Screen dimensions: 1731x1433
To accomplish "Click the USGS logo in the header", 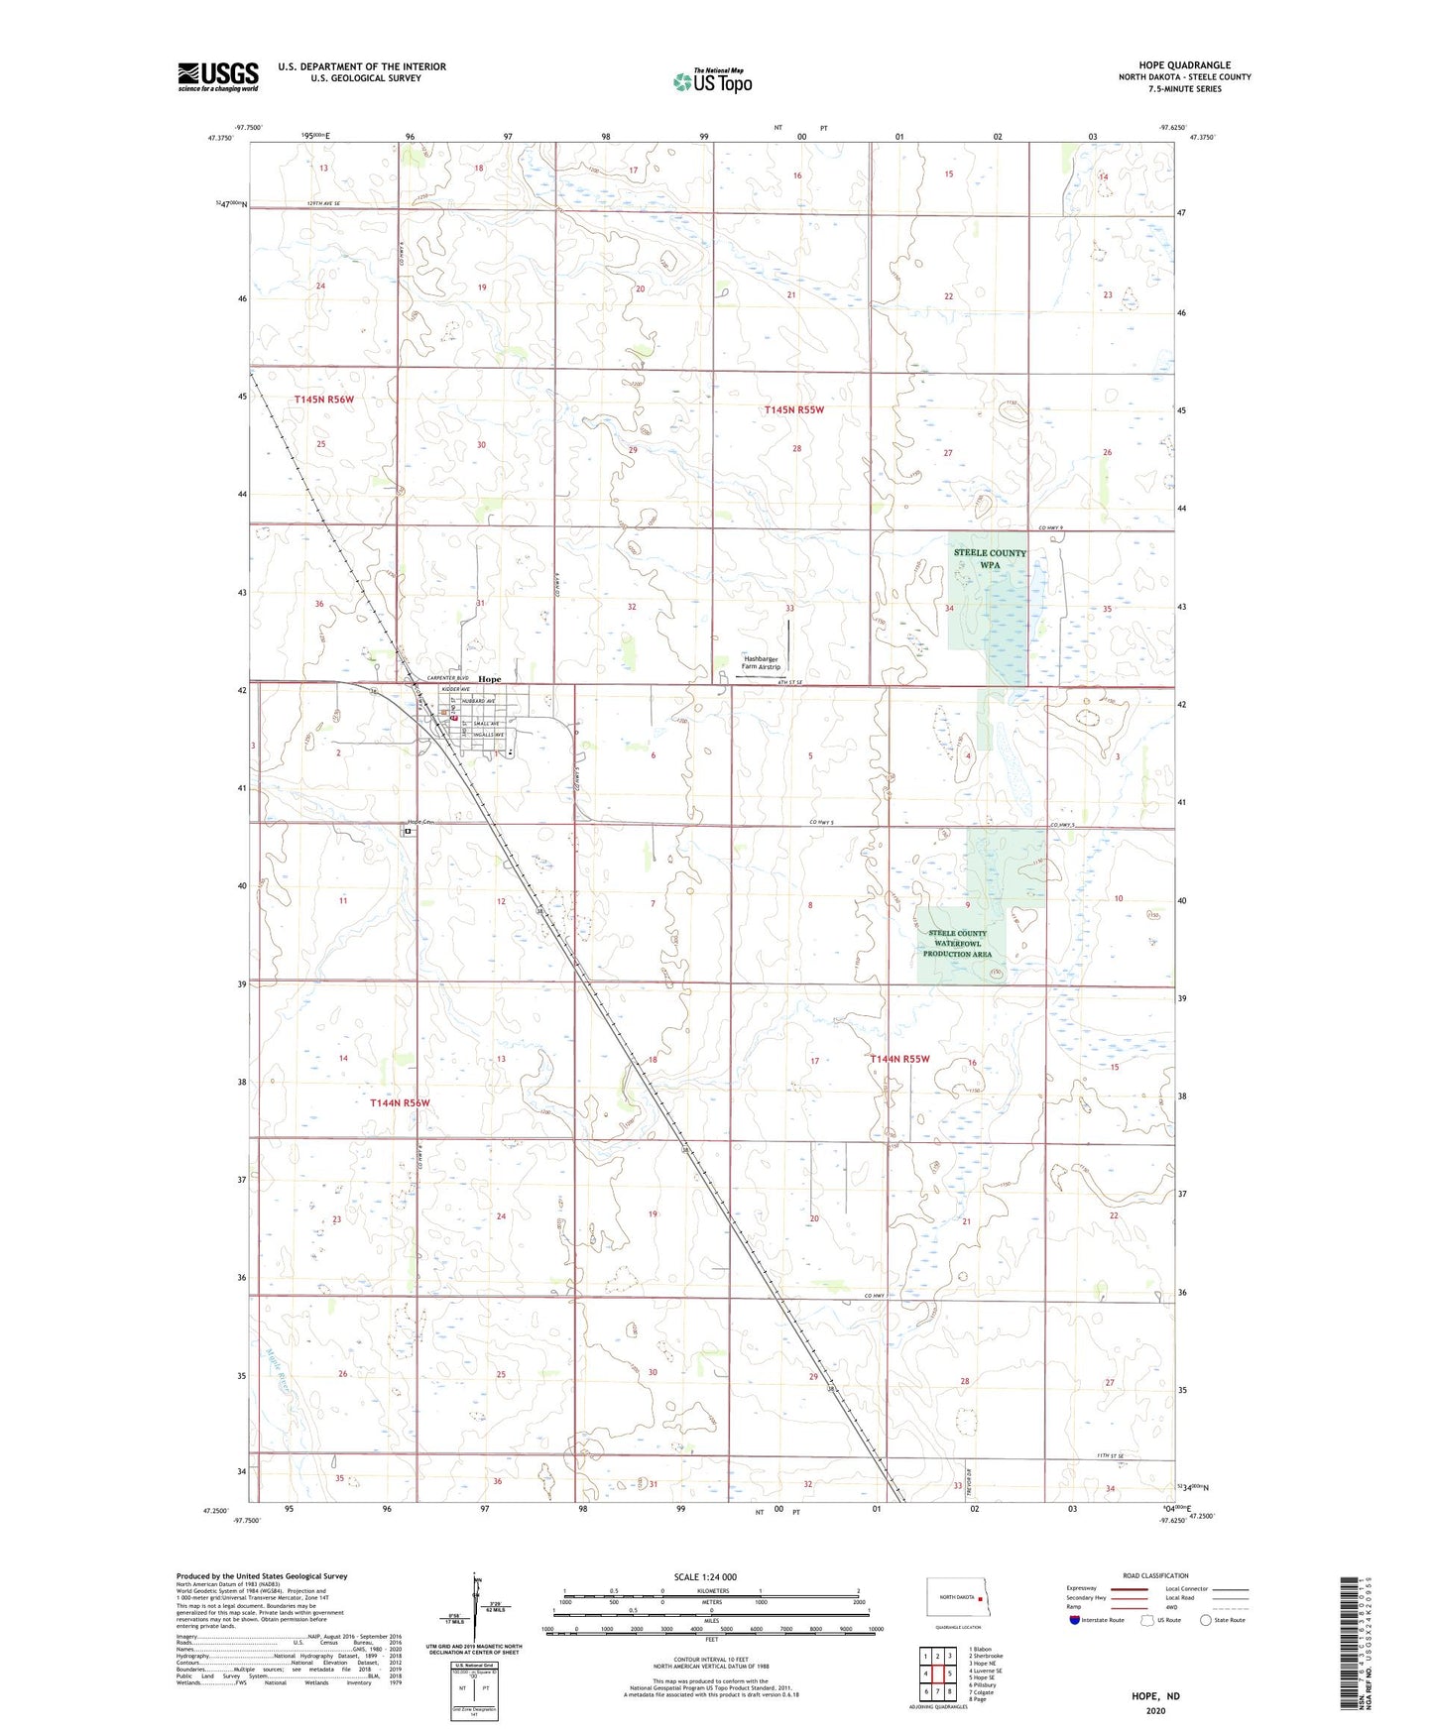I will coord(217,76).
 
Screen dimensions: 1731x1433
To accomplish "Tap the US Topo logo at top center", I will coord(712,81).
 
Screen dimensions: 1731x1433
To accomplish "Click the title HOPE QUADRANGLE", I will coord(1184,65).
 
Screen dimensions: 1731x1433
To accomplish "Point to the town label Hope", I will coord(490,679).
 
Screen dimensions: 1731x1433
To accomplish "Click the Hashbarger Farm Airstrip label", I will coord(763,662).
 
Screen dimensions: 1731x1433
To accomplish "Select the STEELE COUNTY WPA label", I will coord(989,559).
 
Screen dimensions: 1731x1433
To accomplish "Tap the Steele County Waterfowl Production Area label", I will coord(957,944).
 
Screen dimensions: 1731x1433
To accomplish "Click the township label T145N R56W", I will coord(323,400).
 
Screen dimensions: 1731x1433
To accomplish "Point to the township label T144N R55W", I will coord(899,1059).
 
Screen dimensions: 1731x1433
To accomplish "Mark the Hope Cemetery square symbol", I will coord(408,832).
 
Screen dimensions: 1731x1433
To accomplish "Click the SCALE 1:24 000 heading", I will coord(705,1577).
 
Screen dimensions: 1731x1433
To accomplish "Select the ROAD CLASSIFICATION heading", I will coord(1155,1575).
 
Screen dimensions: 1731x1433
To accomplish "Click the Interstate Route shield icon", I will coord(1075,1620).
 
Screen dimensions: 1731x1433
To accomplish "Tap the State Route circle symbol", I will coord(1206,1620).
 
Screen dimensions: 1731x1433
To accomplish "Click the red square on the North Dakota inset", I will coord(980,1598).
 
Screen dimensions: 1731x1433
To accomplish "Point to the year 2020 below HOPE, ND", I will coord(1154,1711).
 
